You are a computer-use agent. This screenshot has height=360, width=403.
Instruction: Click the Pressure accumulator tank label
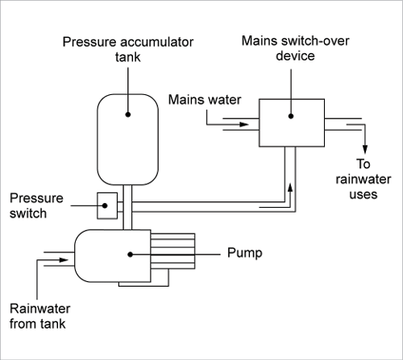[128, 49]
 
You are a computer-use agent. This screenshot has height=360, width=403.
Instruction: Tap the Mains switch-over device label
[295, 48]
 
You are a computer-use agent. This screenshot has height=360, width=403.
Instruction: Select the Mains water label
[205, 100]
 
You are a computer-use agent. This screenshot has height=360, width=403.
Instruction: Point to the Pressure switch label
[36, 205]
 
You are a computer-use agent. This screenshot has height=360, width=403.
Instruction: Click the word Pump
[245, 253]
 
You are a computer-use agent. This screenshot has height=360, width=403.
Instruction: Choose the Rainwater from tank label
[39, 316]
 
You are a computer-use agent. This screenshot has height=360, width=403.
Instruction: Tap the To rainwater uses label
[364, 179]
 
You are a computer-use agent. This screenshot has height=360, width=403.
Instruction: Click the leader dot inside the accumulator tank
[128, 114]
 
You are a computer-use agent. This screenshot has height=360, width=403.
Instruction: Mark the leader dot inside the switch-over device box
[291, 116]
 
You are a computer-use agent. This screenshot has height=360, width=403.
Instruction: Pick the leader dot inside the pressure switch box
[105, 205]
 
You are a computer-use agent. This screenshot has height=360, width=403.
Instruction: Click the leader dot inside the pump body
[130, 254]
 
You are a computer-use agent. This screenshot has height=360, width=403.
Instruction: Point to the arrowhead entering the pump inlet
[64, 260]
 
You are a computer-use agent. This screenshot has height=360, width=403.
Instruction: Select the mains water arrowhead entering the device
[244, 124]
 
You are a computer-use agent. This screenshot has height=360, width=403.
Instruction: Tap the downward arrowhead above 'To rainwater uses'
[365, 150]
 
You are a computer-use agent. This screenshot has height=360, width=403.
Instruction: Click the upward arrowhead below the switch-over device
[290, 188]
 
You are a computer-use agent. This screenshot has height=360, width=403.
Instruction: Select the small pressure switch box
[107, 205]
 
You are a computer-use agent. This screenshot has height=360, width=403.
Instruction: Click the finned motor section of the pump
[172, 251]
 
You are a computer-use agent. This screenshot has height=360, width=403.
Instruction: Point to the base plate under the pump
[143, 284]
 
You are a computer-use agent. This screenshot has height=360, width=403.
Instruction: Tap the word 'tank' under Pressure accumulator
[128, 57]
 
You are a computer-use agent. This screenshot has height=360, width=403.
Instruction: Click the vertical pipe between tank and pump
[127, 207]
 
